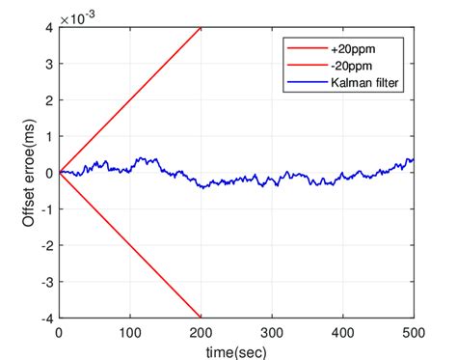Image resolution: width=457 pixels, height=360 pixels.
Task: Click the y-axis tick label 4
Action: (x=48, y=28)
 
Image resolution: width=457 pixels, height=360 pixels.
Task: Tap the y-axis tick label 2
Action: (x=48, y=100)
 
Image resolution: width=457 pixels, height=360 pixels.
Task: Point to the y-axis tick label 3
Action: (x=48, y=64)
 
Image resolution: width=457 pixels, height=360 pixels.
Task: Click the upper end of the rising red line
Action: (x=201, y=28)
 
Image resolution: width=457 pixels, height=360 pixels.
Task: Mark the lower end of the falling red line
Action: (x=201, y=317)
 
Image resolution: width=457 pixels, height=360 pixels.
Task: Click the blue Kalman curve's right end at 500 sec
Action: (x=414, y=159)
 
